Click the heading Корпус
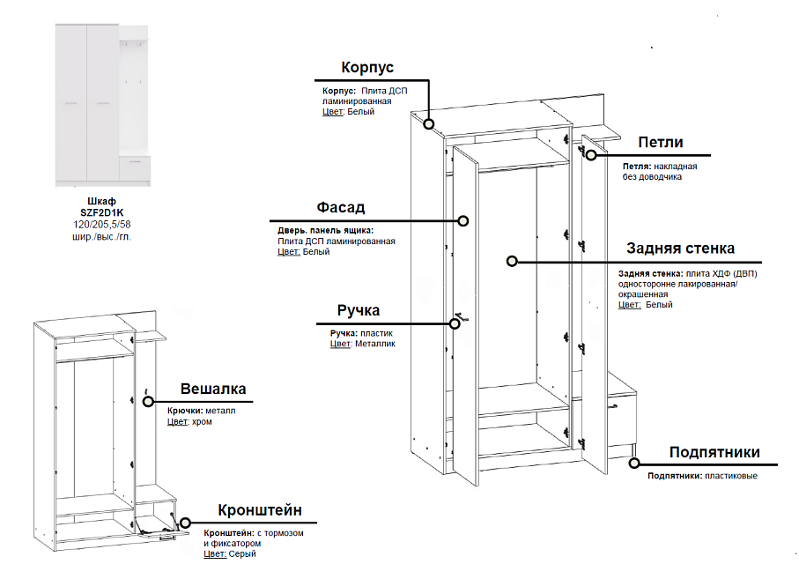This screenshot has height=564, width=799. [x=367, y=69]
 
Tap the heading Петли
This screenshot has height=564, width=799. [x=661, y=143]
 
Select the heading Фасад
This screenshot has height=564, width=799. [x=340, y=208]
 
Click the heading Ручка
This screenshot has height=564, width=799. [x=359, y=311]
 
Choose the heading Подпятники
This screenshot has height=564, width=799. [x=714, y=453]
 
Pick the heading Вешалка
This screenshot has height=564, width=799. [x=213, y=390]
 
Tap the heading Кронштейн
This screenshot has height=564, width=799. [x=260, y=510]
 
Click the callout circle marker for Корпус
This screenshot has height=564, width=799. [x=429, y=123]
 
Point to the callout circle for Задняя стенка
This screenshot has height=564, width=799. [x=510, y=261]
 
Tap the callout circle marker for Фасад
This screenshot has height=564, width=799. [x=462, y=220]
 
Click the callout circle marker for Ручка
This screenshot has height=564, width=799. [x=455, y=323]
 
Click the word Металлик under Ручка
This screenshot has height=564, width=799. [x=375, y=345]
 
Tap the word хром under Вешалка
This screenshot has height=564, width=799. [x=203, y=422]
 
